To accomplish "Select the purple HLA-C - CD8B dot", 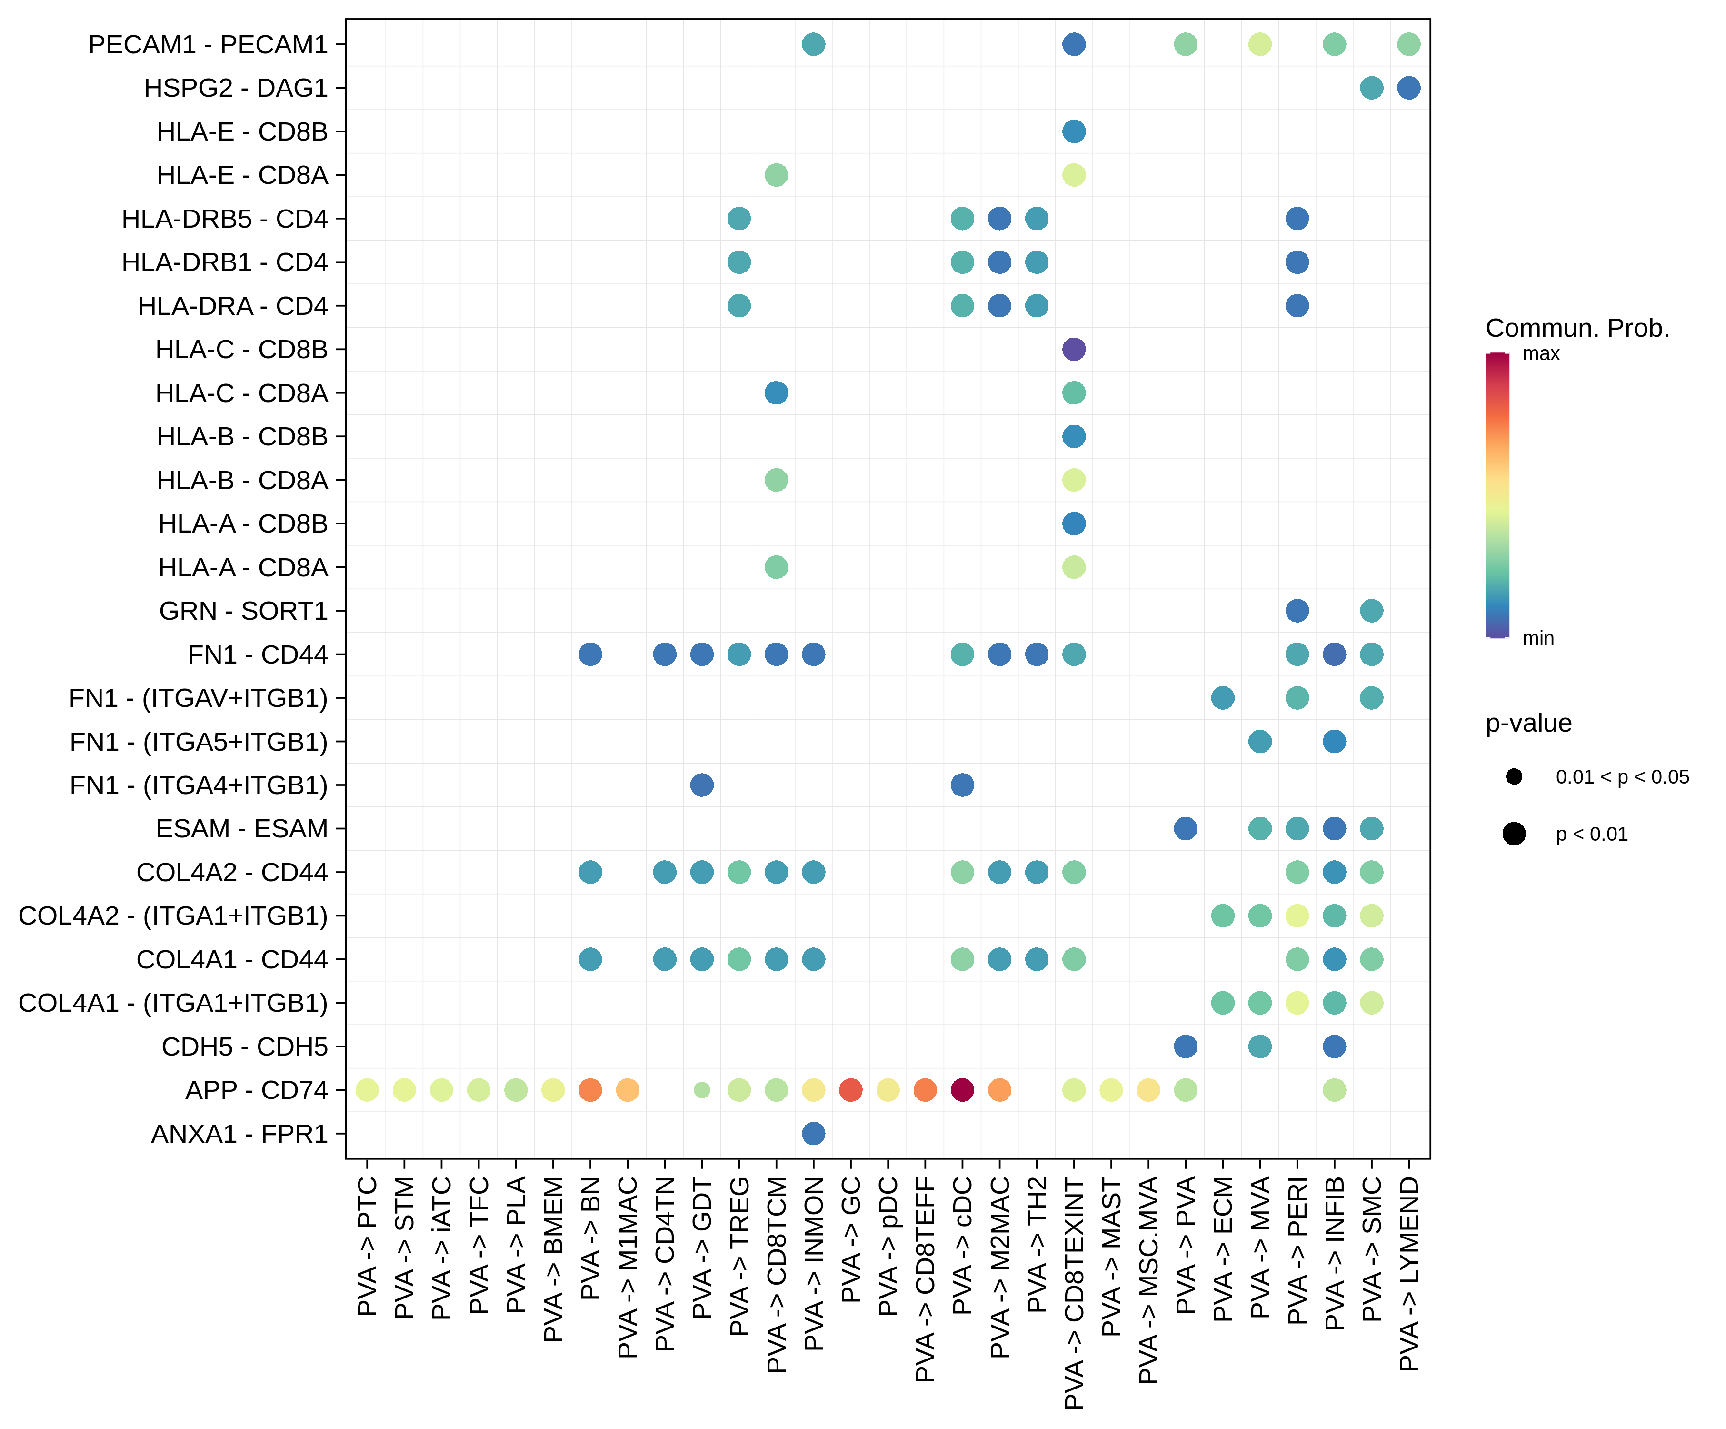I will click(1073, 350).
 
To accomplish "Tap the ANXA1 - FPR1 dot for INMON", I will click(813, 1133).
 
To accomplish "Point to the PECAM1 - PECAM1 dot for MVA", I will click(1259, 44).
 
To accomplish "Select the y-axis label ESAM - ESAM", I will click(242, 829).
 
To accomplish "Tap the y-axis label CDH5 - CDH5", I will click(244, 1047).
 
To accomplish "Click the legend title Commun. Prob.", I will click(1576, 328).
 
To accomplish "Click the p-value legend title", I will click(1528, 723).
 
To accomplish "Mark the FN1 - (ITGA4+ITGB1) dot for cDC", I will click(962, 785).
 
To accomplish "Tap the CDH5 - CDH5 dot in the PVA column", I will click(1185, 1047).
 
